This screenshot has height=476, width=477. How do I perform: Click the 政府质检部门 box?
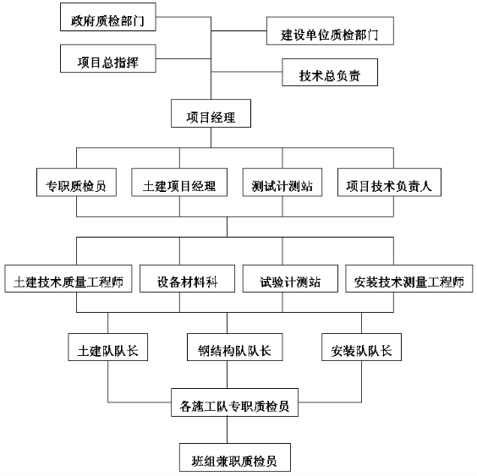click(108, 17)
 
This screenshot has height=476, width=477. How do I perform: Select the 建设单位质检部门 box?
click(330, 30)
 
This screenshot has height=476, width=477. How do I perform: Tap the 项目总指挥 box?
click(108, 58)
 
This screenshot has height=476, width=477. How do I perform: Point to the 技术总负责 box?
click(330, 73)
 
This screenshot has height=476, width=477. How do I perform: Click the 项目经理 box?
click(211, 113)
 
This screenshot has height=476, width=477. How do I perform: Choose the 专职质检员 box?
click(76, 182)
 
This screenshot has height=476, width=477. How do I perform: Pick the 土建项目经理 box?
click(179, 182)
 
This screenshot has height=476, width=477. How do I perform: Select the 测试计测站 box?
click(282, 182)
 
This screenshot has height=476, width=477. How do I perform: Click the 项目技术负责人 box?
click(389, 182)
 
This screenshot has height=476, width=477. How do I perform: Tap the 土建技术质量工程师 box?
click(69, 279)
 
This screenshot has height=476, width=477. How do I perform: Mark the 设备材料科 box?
click(187, 279)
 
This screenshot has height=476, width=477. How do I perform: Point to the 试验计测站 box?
click(290, 279)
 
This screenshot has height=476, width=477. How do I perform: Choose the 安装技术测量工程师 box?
click(409, 279)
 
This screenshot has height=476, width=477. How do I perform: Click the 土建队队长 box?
click(108, 347)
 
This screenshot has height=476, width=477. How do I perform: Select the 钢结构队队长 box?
click(235, 347)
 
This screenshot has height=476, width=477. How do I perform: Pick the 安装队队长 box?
click(361, 347)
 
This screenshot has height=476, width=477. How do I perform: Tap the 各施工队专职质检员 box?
click(234, 402)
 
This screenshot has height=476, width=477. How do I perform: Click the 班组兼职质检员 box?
click(235, 457)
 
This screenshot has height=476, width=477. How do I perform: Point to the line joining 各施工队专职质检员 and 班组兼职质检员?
click(227, 429)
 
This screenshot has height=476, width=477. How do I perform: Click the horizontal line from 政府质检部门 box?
click(184, 17)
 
